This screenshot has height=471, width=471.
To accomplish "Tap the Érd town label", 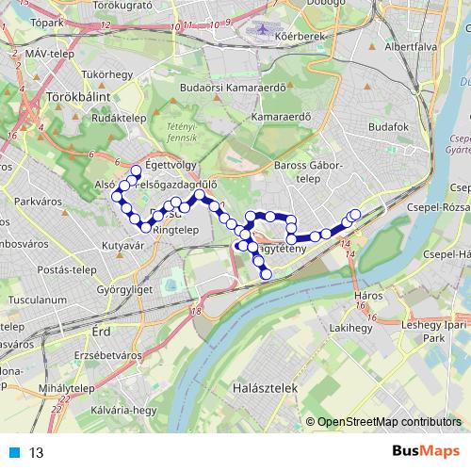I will pyautogui.click(x=101, y=333).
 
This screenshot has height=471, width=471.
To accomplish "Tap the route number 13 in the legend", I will pyautogui.click(x=37, y=452).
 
